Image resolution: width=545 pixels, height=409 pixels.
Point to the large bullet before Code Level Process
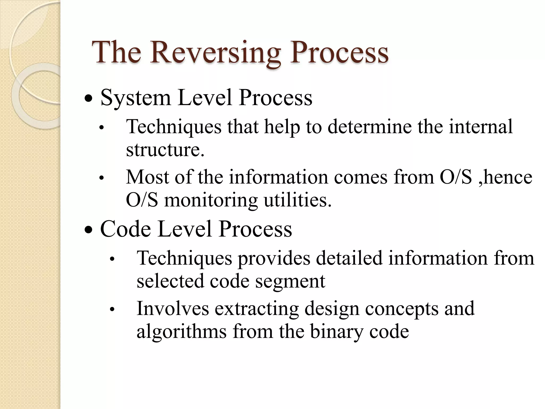pos(88,230)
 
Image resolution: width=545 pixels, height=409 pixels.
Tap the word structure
pos(165,150)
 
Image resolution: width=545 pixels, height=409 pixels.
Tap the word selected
pos(170,281)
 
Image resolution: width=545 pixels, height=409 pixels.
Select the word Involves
pos(173,308)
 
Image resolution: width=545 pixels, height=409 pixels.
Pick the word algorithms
pos(181,332)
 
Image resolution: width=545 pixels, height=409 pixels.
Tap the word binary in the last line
pos(336,332)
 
